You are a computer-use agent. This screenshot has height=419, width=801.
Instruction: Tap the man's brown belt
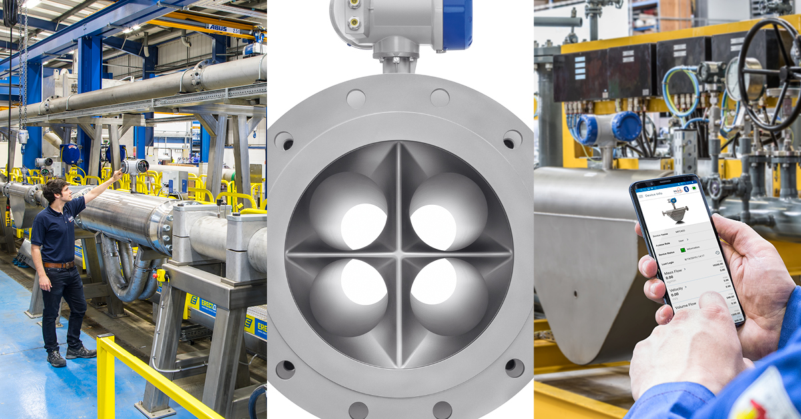[59, 265]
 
